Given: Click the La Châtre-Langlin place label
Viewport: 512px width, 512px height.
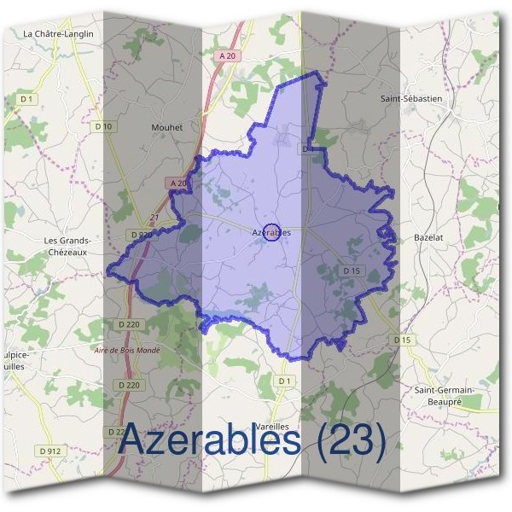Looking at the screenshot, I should [x=58, y=33].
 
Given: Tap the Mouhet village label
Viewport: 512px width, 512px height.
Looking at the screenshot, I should [x=166, y=127].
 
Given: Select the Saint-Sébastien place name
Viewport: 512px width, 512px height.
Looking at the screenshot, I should [x=411, y=98].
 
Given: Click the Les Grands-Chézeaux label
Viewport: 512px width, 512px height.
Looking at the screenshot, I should [x=67, y=246].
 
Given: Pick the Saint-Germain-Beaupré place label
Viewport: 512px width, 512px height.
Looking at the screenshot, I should [x=443, y=395].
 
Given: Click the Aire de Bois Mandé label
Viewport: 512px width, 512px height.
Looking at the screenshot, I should [x=127, y=350].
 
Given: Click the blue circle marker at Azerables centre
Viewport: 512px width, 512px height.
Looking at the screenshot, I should [x=271, y=231].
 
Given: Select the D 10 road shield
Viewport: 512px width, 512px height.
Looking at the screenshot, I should [x=104, y=126].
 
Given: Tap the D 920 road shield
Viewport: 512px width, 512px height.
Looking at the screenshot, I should [x=142, y=234].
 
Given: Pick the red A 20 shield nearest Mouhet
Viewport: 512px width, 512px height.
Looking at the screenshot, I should [x=177, y=183].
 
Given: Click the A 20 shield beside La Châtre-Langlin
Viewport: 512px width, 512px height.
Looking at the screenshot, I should [x=226, y=55].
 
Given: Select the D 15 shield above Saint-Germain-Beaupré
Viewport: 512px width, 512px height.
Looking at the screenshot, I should [x=403, y=340].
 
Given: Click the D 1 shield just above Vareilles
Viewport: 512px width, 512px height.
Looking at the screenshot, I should [x=285, y=380].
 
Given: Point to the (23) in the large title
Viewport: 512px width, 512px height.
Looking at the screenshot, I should [x=350, y=440].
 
